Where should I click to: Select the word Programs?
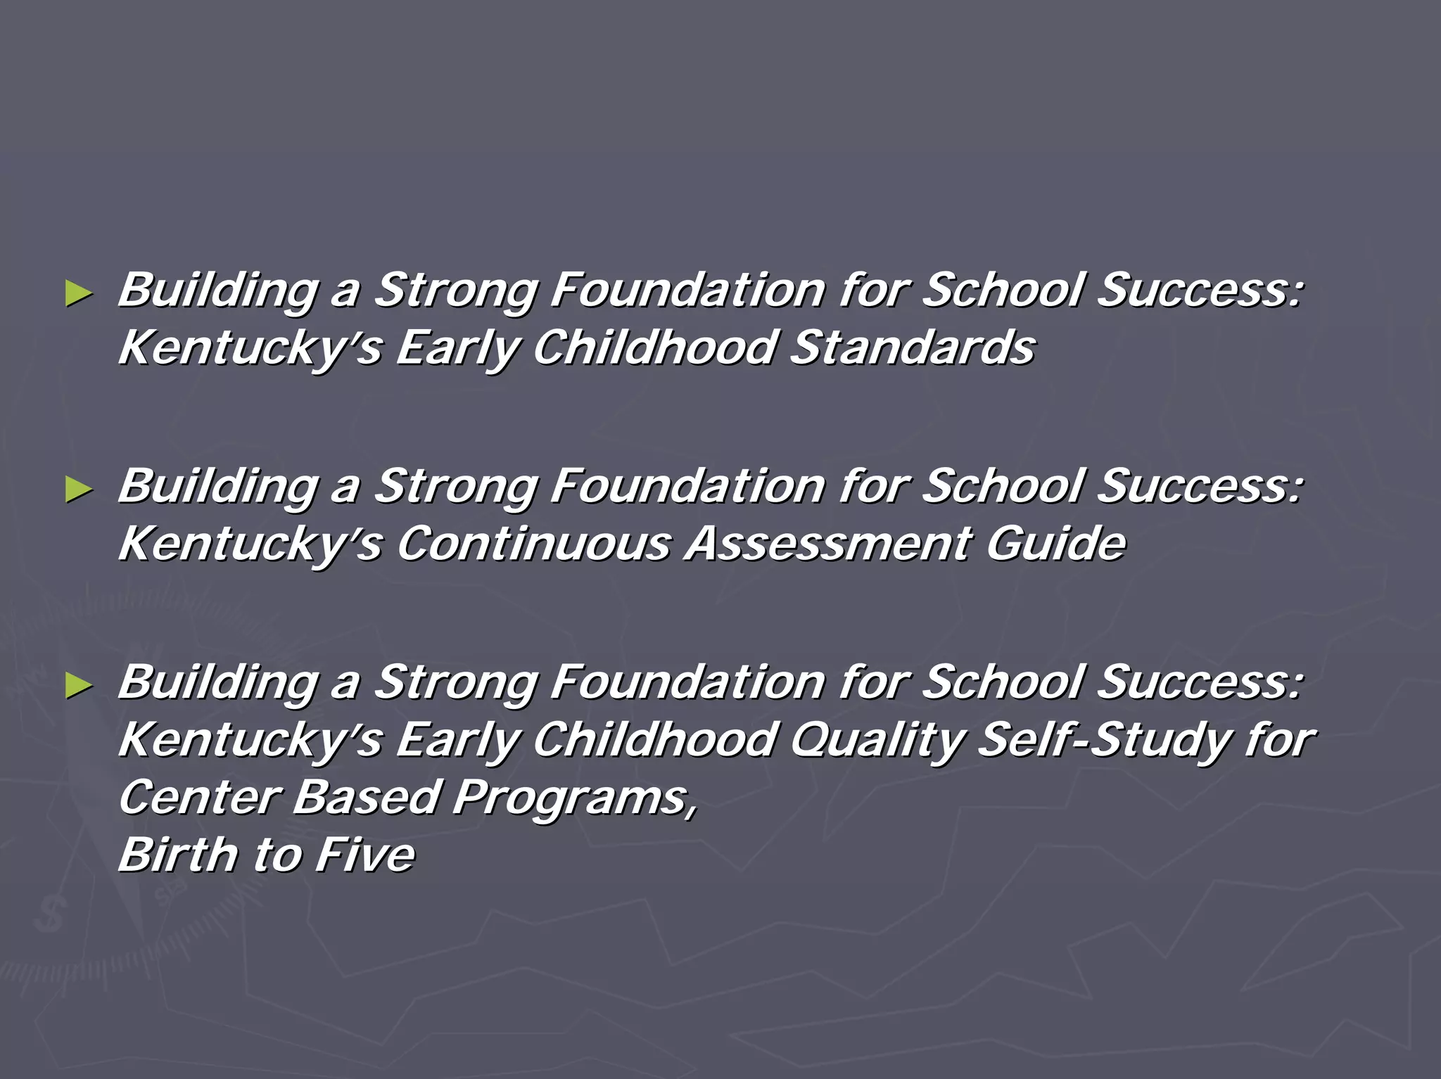pos(574,799)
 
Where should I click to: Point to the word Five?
pos(365,855)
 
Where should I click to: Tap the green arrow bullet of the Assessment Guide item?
pos(78,489)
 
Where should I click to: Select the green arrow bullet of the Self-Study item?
pos(78,685)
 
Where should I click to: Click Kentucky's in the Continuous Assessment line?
pos(250,545)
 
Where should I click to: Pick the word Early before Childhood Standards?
pos(457,349)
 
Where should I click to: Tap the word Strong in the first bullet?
pos(455,290)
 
